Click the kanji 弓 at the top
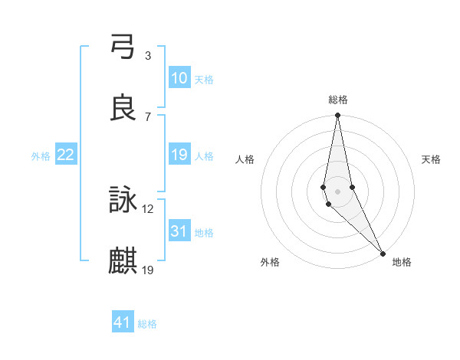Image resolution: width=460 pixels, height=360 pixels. (123, 47)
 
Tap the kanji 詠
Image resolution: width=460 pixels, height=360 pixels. (123, 201)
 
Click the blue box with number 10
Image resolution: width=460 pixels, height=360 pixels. (179, 78)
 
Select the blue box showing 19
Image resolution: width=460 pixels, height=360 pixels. (179, 155)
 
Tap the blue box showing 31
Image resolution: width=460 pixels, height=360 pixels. (179, 231)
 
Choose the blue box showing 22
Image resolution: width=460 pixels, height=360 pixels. (66, 155)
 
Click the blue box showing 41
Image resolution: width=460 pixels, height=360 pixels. (123, 322)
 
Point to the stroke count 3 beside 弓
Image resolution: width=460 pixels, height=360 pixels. (148, 55)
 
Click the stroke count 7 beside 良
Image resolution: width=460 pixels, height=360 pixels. (148, 116)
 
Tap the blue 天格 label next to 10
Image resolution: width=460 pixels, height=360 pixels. (204, 80)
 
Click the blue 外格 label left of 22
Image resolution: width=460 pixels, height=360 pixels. (41, 156)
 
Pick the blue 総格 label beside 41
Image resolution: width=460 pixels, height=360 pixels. (147, 324)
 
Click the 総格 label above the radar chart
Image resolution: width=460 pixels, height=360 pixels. (338, 100)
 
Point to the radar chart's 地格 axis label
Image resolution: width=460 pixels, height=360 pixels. (402, 262)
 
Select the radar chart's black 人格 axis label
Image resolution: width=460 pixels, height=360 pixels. (245, 159)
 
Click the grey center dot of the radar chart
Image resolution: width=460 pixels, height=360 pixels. (338, 191)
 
